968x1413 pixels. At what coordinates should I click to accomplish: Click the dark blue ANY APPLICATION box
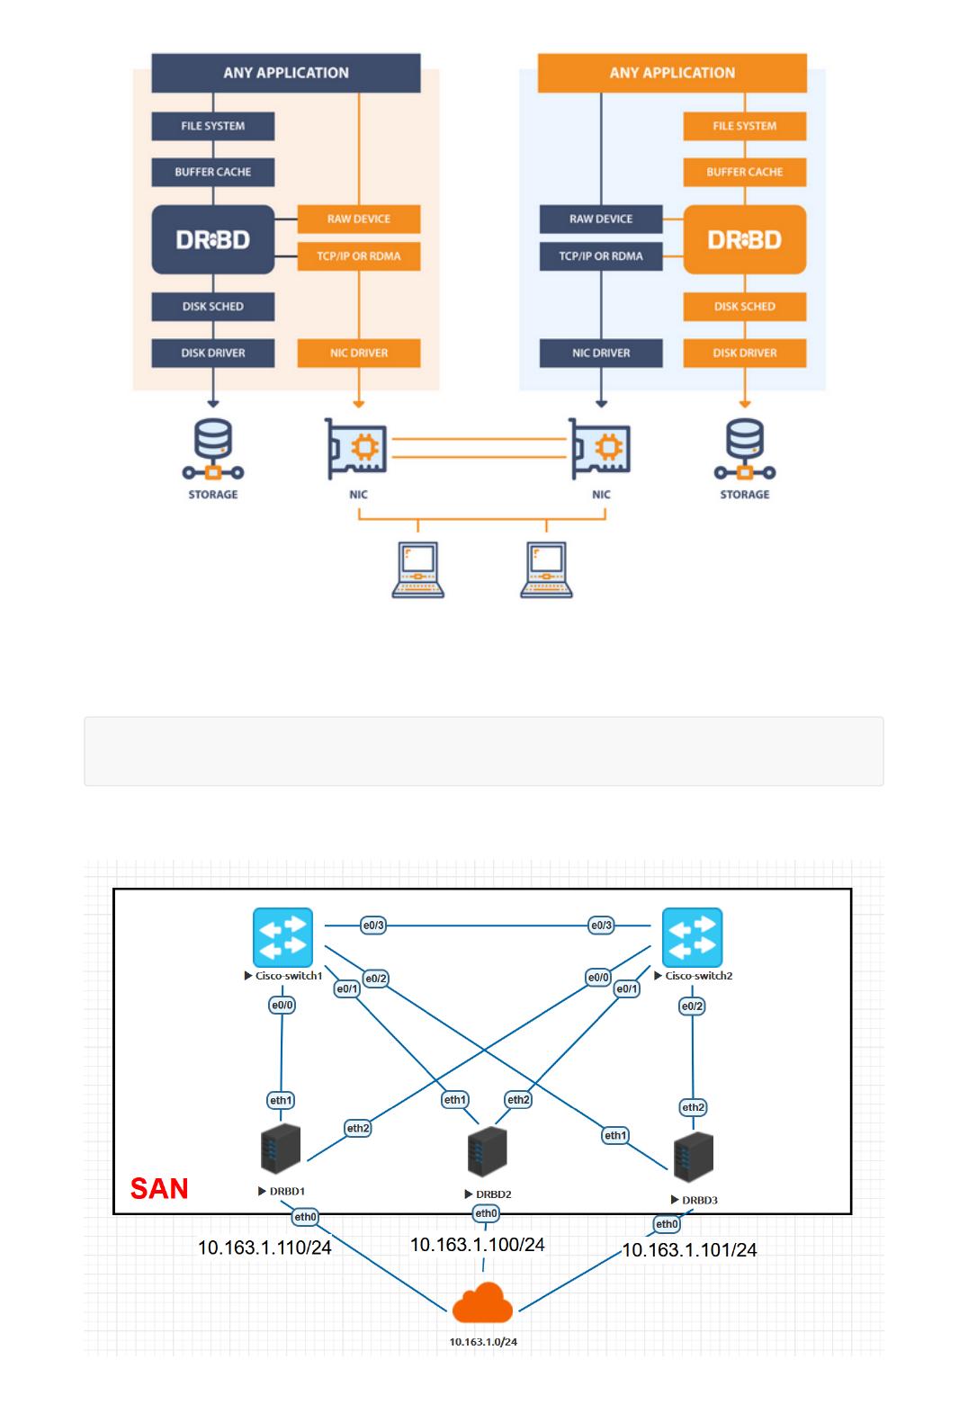click(285, 73)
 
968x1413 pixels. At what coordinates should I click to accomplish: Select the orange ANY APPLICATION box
click(672, 73)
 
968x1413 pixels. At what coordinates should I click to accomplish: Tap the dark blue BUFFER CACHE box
click(213, 172)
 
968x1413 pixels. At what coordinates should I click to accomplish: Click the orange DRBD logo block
click(744, 239)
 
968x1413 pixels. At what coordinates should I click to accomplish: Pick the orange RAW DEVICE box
click(358, 219)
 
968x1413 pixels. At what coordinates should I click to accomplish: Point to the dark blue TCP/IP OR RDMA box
click(601, 255)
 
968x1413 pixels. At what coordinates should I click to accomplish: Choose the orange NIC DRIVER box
click(358, 353)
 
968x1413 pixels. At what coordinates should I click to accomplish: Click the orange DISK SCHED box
click(744, 306)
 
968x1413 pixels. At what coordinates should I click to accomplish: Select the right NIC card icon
click(600, 447)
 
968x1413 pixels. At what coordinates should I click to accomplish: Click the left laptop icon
click(418, 569)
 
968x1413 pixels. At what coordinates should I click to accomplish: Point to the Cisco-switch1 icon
click(283, 937)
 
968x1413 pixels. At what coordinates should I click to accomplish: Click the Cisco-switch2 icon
click(692, 937)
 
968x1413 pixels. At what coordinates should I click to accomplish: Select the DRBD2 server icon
click(487, 1151)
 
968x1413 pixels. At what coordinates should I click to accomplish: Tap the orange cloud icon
click(483, 1303)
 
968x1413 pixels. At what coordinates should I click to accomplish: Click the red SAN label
click(159, 1188)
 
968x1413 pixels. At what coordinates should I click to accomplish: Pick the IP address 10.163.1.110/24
click(264, 1248)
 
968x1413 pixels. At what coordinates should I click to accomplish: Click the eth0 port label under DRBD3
click(667, 1223)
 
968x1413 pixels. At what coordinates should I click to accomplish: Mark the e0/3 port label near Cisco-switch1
click(373, 925)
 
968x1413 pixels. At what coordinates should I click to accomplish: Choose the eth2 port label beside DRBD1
click(358, 1128)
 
